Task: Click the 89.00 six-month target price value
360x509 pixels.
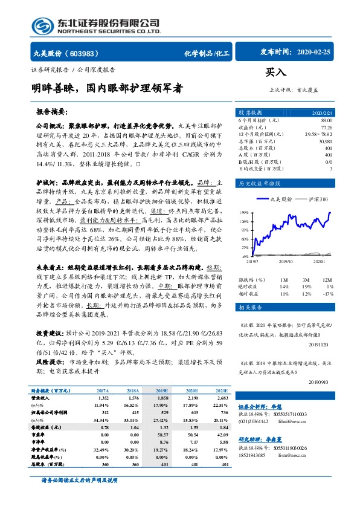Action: tap(324, 121)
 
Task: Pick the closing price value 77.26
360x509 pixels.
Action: tap(325, 128)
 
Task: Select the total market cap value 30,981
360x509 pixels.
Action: tap(323, 141)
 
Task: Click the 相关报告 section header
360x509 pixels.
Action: tap(251, 308)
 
